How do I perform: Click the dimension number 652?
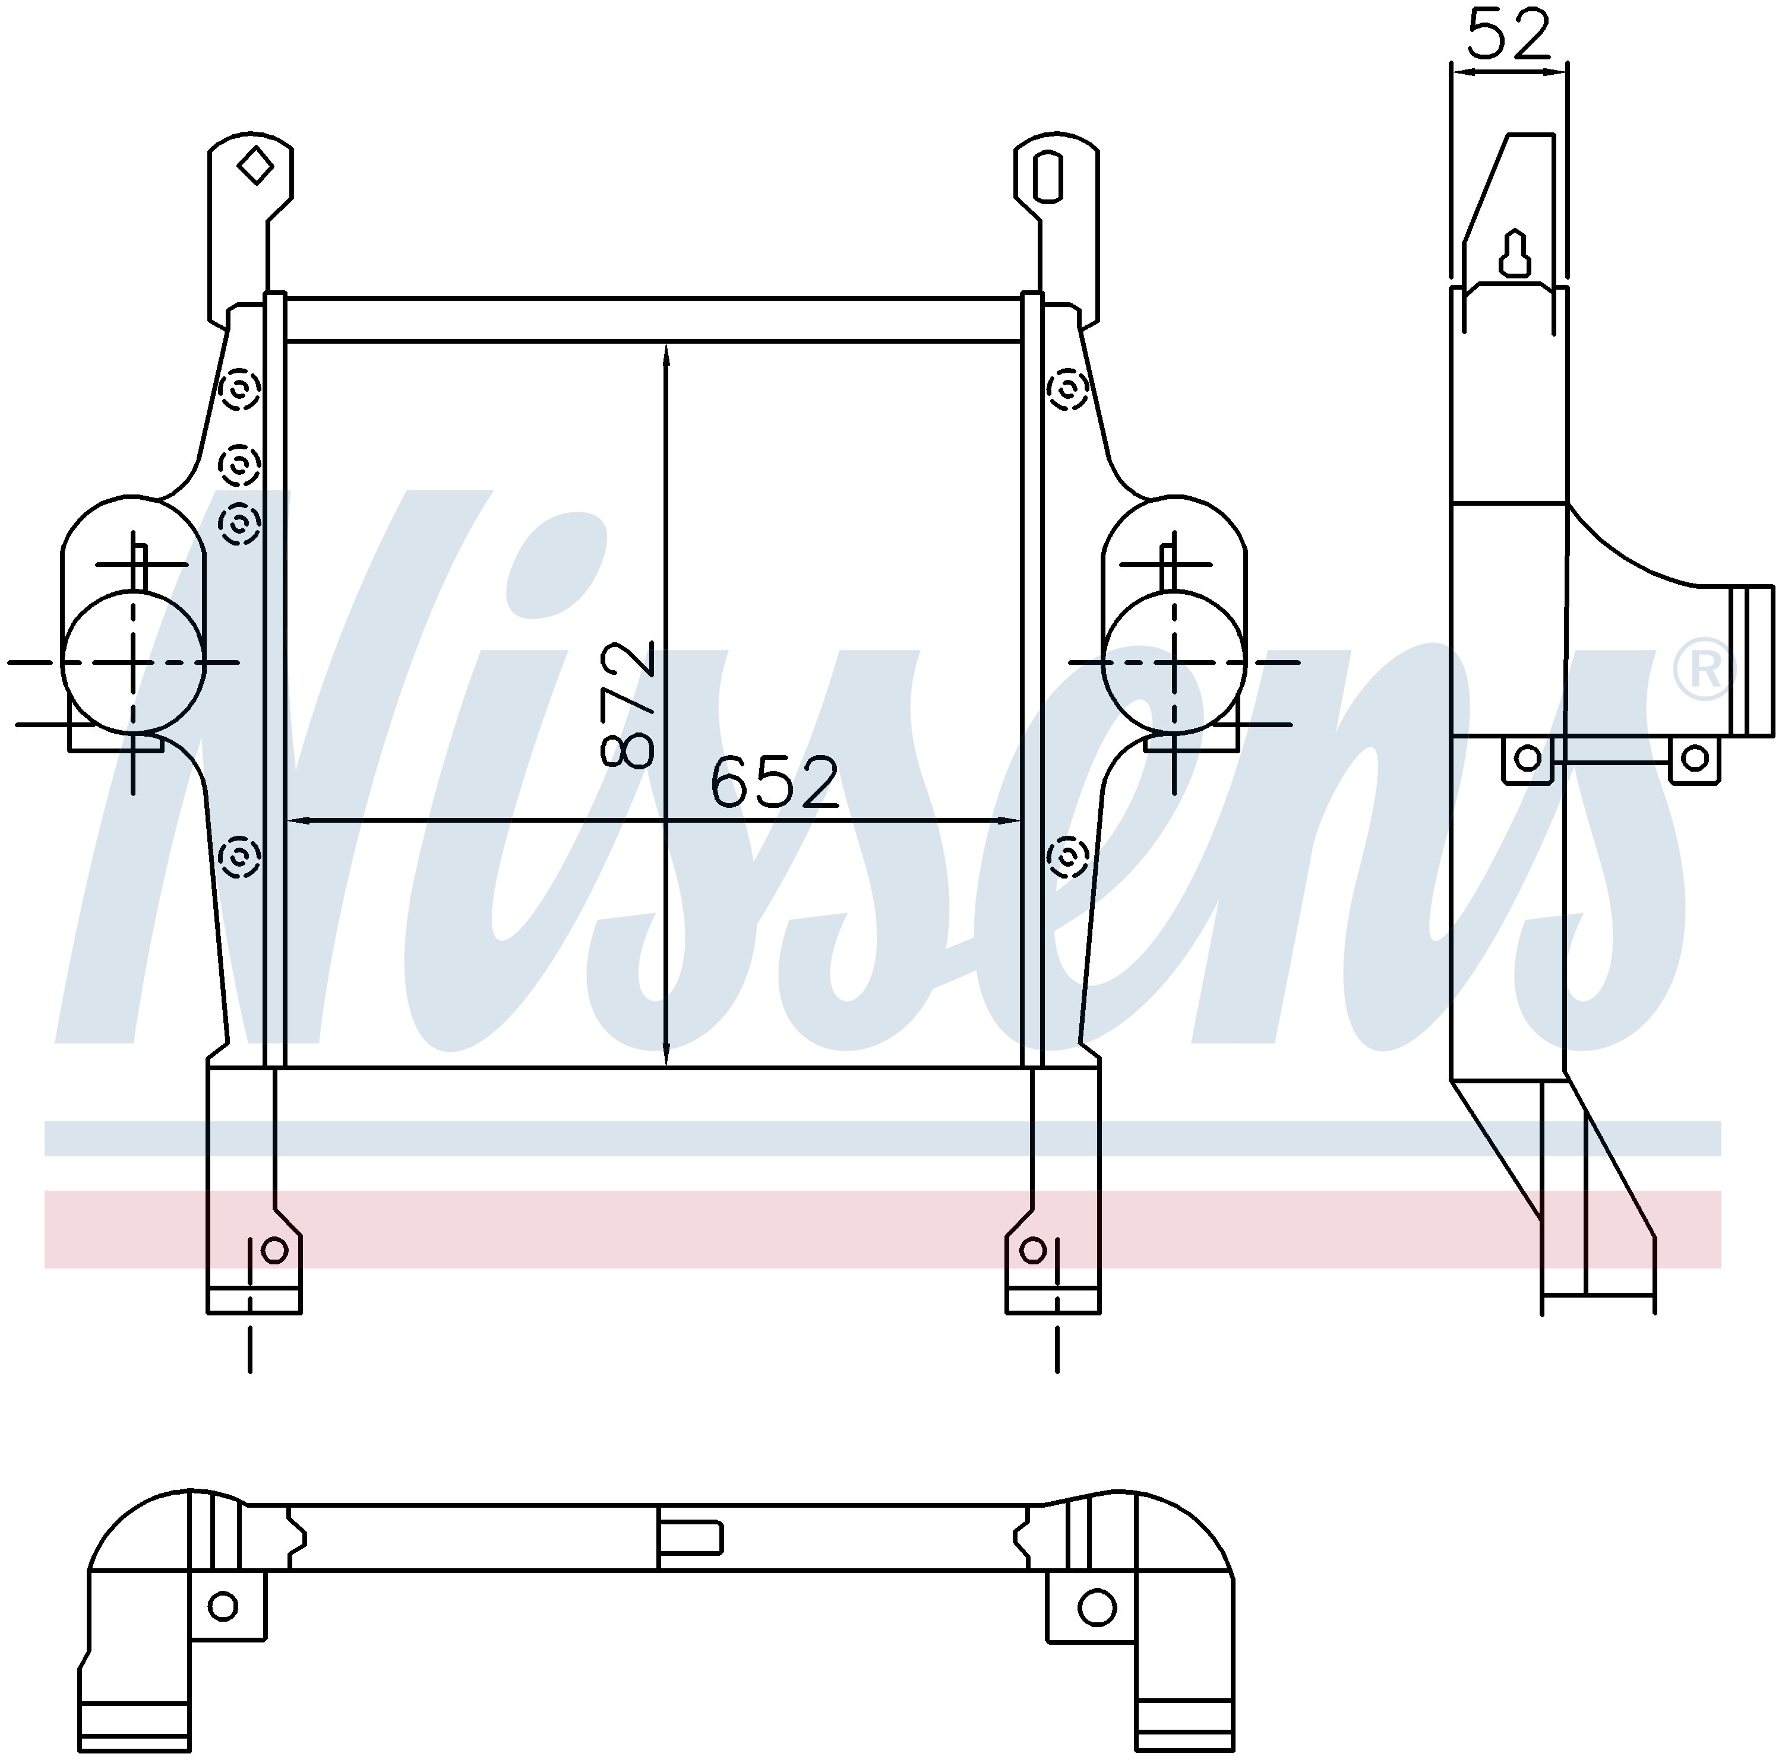tap(775, 782)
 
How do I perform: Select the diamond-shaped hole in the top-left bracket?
tap(255, 167)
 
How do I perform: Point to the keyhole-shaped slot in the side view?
tap(1515, 253)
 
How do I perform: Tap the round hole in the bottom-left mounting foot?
tap(275, 1250)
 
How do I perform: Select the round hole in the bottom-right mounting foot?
tap(1033, 1250)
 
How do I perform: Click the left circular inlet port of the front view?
tap(133, 662)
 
